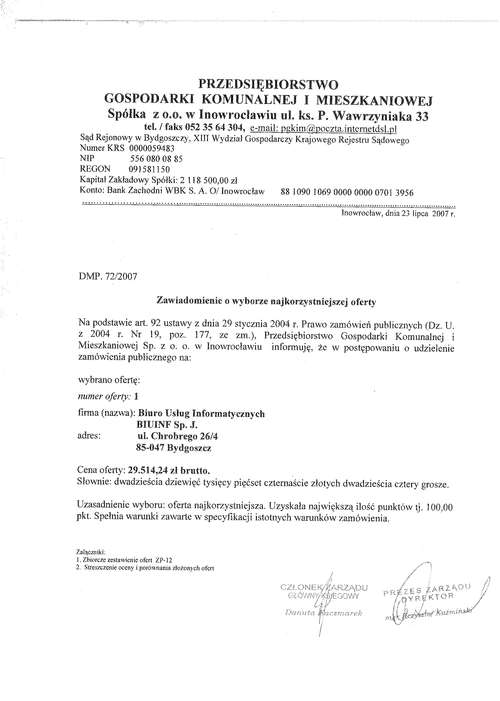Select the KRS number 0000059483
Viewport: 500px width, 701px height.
click(x=152, y=149)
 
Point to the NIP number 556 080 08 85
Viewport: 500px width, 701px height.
click(x=157, y=159)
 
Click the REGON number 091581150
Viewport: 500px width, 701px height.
click(x=149, y=169)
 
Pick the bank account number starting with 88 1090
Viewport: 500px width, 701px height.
click(x=347, y=193)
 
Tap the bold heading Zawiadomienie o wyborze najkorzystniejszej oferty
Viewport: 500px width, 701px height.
click(x=266, y=302)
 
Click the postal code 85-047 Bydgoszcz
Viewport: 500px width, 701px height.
click(x=174, y=448)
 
